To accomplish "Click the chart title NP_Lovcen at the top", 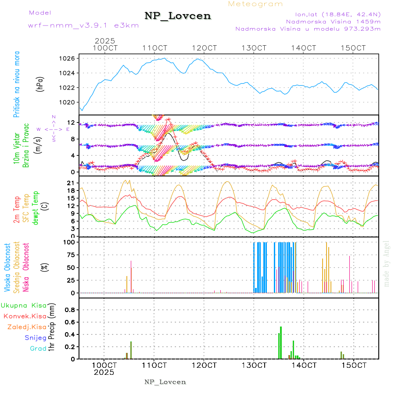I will pos(178,16).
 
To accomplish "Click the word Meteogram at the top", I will pos(255,4).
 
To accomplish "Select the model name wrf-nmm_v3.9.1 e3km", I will pos(83,25).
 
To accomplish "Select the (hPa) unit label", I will pos(40,83).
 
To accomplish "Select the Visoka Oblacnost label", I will pos(7,268).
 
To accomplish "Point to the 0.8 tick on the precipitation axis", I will pos(69,309).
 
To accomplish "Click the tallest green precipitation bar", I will pos(281,342).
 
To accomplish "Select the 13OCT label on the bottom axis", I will pos(255,365).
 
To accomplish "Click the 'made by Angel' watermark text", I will pos(387,263).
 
